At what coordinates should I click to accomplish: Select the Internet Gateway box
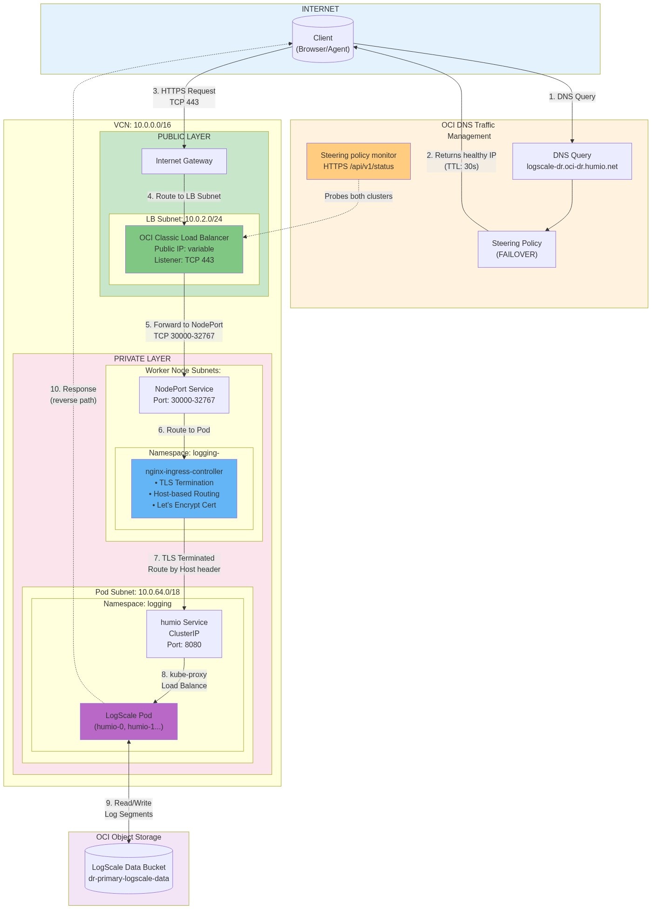click(184, 161)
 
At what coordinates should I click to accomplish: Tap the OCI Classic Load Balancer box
click(184, 249)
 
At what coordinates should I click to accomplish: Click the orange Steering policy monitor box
click(358, 161)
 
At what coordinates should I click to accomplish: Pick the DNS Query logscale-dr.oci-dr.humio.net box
click(572, 161)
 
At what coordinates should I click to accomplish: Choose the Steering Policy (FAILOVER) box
click(516, 249)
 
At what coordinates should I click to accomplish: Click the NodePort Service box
click(184, 395)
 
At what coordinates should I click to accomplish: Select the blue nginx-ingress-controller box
click(184, 488)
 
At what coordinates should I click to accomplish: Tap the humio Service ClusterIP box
click(184, 634)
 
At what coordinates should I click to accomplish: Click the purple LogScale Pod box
click(129, 721)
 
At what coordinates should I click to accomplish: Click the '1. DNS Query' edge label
click(572, 97)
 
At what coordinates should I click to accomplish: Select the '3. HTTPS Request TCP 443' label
click(184, 97)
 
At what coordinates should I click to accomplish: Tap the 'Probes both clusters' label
click(358, 197)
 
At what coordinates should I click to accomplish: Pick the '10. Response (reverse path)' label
click(73, 395)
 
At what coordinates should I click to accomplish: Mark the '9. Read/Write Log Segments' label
click(129, 809)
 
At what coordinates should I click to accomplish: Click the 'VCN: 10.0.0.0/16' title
click(143, 125)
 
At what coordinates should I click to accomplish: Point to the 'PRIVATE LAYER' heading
click(143, 359)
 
